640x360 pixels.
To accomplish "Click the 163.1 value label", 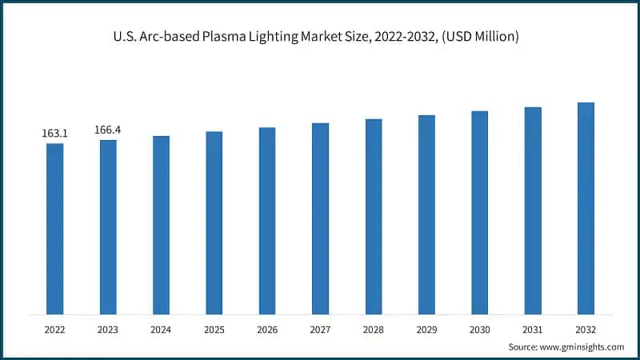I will tap(54, 134).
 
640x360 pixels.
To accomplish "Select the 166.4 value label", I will tap(108, 130).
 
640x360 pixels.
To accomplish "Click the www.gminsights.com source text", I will tap(582, 346).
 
